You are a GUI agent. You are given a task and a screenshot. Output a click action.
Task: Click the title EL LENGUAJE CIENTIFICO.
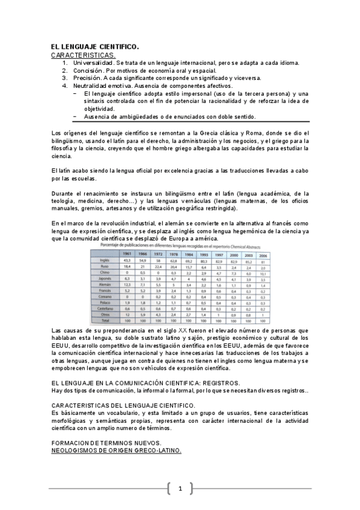95,46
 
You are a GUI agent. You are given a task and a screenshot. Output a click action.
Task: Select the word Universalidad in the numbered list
93,63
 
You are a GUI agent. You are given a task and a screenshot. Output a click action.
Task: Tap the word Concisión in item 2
88,70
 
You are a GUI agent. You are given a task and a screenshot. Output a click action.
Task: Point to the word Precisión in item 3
88,78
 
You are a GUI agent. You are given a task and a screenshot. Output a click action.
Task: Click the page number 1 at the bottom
180,488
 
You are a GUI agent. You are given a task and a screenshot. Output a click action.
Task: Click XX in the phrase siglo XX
183,331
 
